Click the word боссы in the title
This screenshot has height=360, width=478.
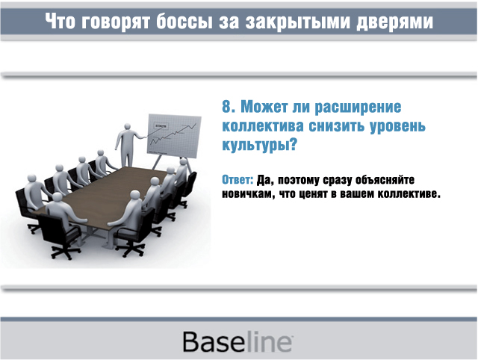pos(184,22)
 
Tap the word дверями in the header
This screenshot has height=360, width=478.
pos(395,22)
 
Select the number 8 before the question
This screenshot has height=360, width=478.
pos(226,107)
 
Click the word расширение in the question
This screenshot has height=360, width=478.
pos(358,108)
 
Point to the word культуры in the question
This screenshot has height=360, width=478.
pos(255,145)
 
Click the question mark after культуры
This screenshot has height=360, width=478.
pos(293,144)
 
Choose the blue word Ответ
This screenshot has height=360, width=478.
pos(238,180)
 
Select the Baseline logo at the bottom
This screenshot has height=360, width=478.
pos(238,341)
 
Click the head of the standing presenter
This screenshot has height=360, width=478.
pos(128,126)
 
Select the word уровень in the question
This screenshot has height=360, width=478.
pos(397,126)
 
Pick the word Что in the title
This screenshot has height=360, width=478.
pos(60,22)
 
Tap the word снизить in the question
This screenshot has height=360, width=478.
pos(336,126)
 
